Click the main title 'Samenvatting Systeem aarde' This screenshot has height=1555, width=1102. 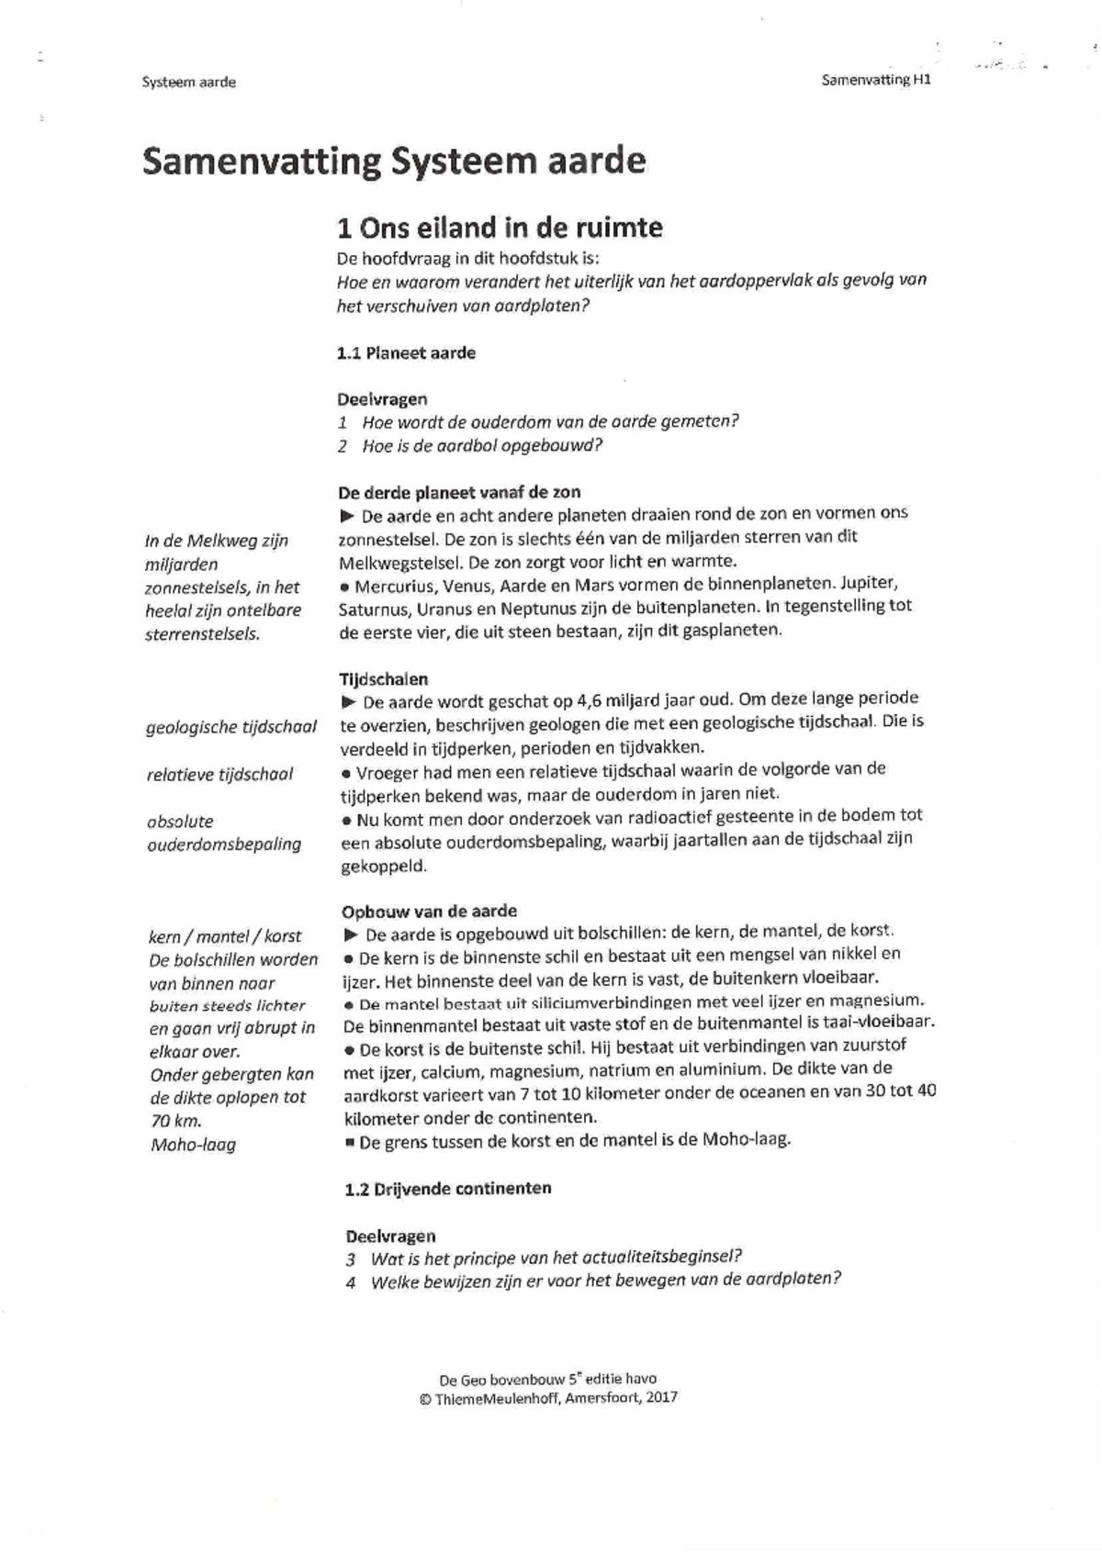pyautogui.click(x=394, y=162)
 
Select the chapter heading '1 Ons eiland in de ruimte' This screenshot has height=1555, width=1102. pyautogui.click(x=500, y=227)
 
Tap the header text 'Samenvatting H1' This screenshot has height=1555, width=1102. pyautogui.click(x=875, y=80)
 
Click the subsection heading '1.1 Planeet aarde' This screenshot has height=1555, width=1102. pyautogui.click(x=406, y=353)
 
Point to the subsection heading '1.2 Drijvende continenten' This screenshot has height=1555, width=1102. pyautogui.click(x=448, y=1189)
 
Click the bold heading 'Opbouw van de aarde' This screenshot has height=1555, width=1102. pyautogui.click(x=429, y=912)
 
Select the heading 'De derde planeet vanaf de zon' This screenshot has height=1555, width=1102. pyautogui.click(x=459, y=492)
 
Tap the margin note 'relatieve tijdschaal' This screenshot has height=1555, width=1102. pyautogui.click(x=219, y=775)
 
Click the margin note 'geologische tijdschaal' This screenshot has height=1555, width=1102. pyautogui.click(x=231, y=728)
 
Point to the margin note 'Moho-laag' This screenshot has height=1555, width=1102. pyautogui.click(x=193, y=1145)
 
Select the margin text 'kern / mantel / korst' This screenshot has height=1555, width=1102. pyautogui.click(x=224, y=937)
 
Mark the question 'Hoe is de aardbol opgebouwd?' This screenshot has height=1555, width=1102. pyautogui.click(x=481, y=446)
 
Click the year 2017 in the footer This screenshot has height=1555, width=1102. pyautogui.click(x=661, y=1397)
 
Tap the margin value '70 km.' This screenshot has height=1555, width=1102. pyautogui.click(x=175, y=1121)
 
